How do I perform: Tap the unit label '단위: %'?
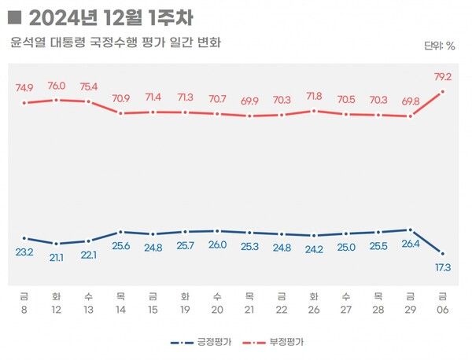[439, 46]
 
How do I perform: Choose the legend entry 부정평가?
[278, 343]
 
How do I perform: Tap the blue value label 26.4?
[408, 244]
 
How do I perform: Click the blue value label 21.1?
[57, 256]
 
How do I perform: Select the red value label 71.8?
[314, 97]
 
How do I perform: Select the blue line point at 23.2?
[24, 238]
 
